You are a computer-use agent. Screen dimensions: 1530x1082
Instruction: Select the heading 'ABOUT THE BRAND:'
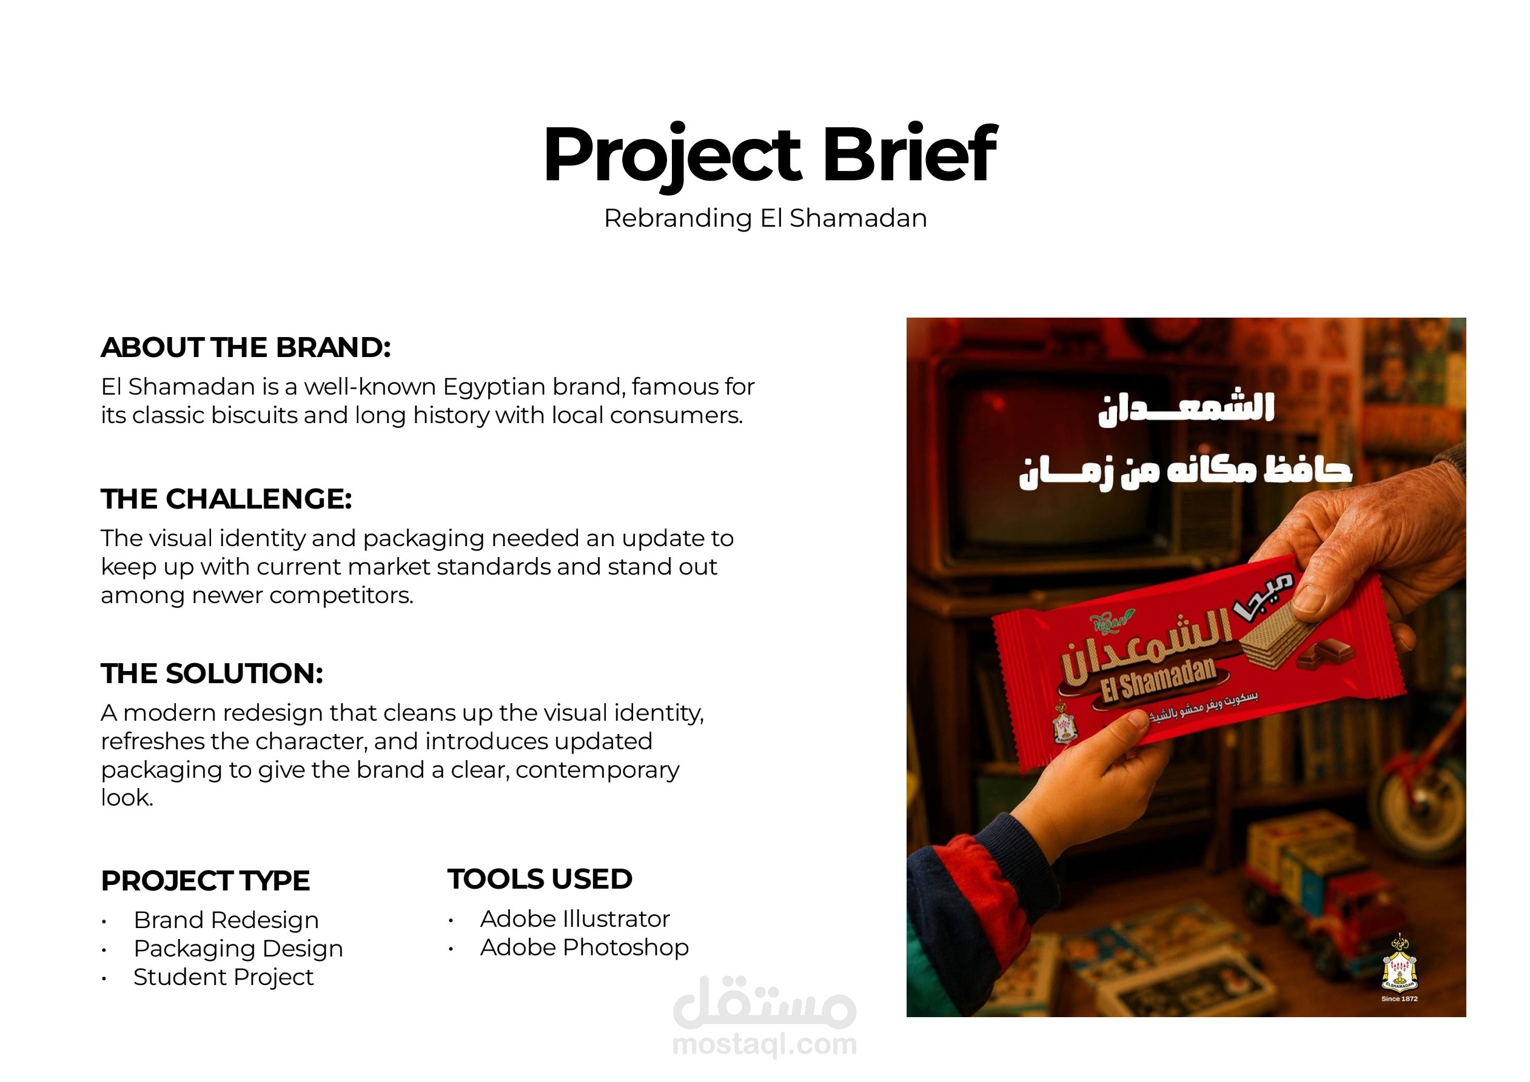coord(245,347)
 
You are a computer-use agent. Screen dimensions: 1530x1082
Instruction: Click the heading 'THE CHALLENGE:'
coord(226,498)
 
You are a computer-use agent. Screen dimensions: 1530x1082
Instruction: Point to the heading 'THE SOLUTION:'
coord(212,673)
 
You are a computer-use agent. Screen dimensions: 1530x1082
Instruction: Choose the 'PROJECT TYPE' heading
coord(205,881)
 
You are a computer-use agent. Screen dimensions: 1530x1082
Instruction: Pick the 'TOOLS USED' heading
coord(540,879)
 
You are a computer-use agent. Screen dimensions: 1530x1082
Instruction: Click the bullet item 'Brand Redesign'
coord(226,920)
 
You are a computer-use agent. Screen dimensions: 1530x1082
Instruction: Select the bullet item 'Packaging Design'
coord(238,949)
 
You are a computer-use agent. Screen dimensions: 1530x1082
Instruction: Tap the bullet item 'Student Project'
coord(223,977)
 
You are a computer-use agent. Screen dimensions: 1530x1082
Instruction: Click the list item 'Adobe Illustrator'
coord(574,919)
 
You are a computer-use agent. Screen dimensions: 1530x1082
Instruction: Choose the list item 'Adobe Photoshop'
coord(584,947)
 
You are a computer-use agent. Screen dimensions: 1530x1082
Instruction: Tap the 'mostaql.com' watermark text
coord(764,1044)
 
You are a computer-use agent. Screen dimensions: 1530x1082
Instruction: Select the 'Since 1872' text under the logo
coord(1400,999)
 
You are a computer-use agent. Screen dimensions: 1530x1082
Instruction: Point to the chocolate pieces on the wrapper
coord(1325,653)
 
